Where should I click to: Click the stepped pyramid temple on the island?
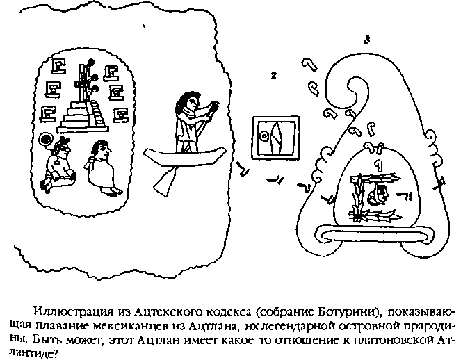[83, 117]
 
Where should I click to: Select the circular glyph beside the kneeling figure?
[46, 138]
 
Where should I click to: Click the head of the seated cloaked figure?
[100, 149]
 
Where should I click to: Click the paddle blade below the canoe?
[165, 181]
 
